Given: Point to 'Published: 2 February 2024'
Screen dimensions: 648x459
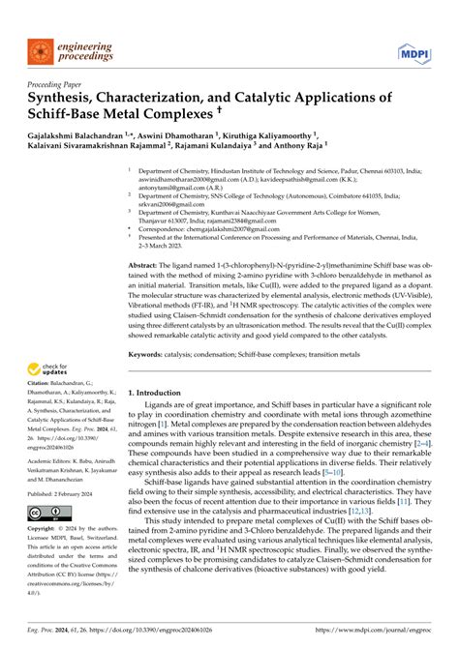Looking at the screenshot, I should coord(65,492).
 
